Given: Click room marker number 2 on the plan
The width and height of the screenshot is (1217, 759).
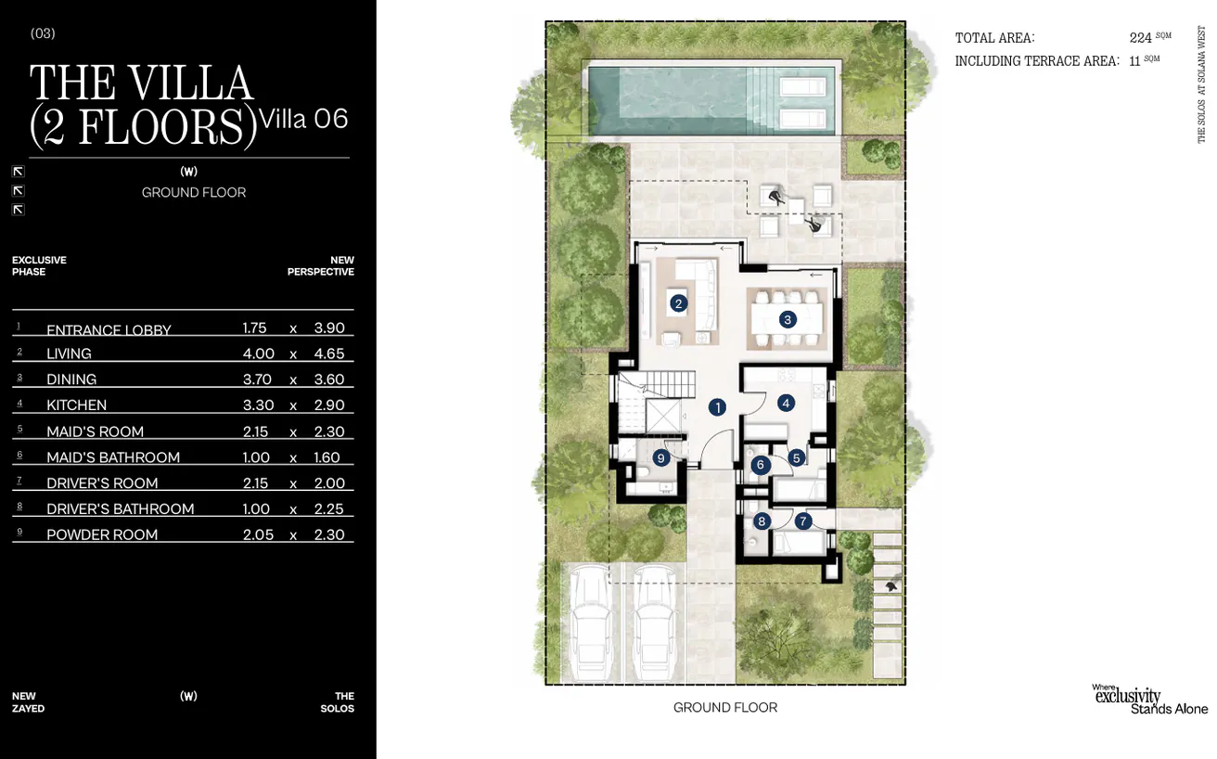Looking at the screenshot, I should [678, 302].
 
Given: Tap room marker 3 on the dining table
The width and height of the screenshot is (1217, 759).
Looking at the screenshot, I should [787, 319].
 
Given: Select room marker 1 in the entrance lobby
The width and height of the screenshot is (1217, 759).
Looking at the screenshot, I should [716, 406].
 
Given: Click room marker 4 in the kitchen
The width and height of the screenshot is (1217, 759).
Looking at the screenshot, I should [786, 403].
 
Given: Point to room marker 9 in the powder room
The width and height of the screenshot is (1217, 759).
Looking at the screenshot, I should [661, 457].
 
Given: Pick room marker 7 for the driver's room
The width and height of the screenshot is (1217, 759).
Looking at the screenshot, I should [803, 521].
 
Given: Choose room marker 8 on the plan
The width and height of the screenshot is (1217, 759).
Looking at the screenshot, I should [762, 521].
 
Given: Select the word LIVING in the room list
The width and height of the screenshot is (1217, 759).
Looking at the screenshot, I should [69, 354].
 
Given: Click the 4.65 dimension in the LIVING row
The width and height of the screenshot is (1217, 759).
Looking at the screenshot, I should [329, 354].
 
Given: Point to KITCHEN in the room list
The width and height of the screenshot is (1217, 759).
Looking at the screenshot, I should [76, 405].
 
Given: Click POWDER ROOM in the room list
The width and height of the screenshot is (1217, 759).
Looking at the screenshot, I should [102, 534].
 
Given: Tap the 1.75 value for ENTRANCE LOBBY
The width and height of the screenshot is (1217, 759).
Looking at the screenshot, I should [254, 328].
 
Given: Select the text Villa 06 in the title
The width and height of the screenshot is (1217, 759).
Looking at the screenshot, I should [304, 119].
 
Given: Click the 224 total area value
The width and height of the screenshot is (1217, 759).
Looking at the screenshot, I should [1141, 38].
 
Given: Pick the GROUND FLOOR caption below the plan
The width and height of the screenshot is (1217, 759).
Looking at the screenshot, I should [725, 707].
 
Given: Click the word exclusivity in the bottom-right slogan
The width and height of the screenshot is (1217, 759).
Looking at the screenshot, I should [1127, 696].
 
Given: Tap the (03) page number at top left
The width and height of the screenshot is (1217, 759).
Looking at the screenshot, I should [43, 33].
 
